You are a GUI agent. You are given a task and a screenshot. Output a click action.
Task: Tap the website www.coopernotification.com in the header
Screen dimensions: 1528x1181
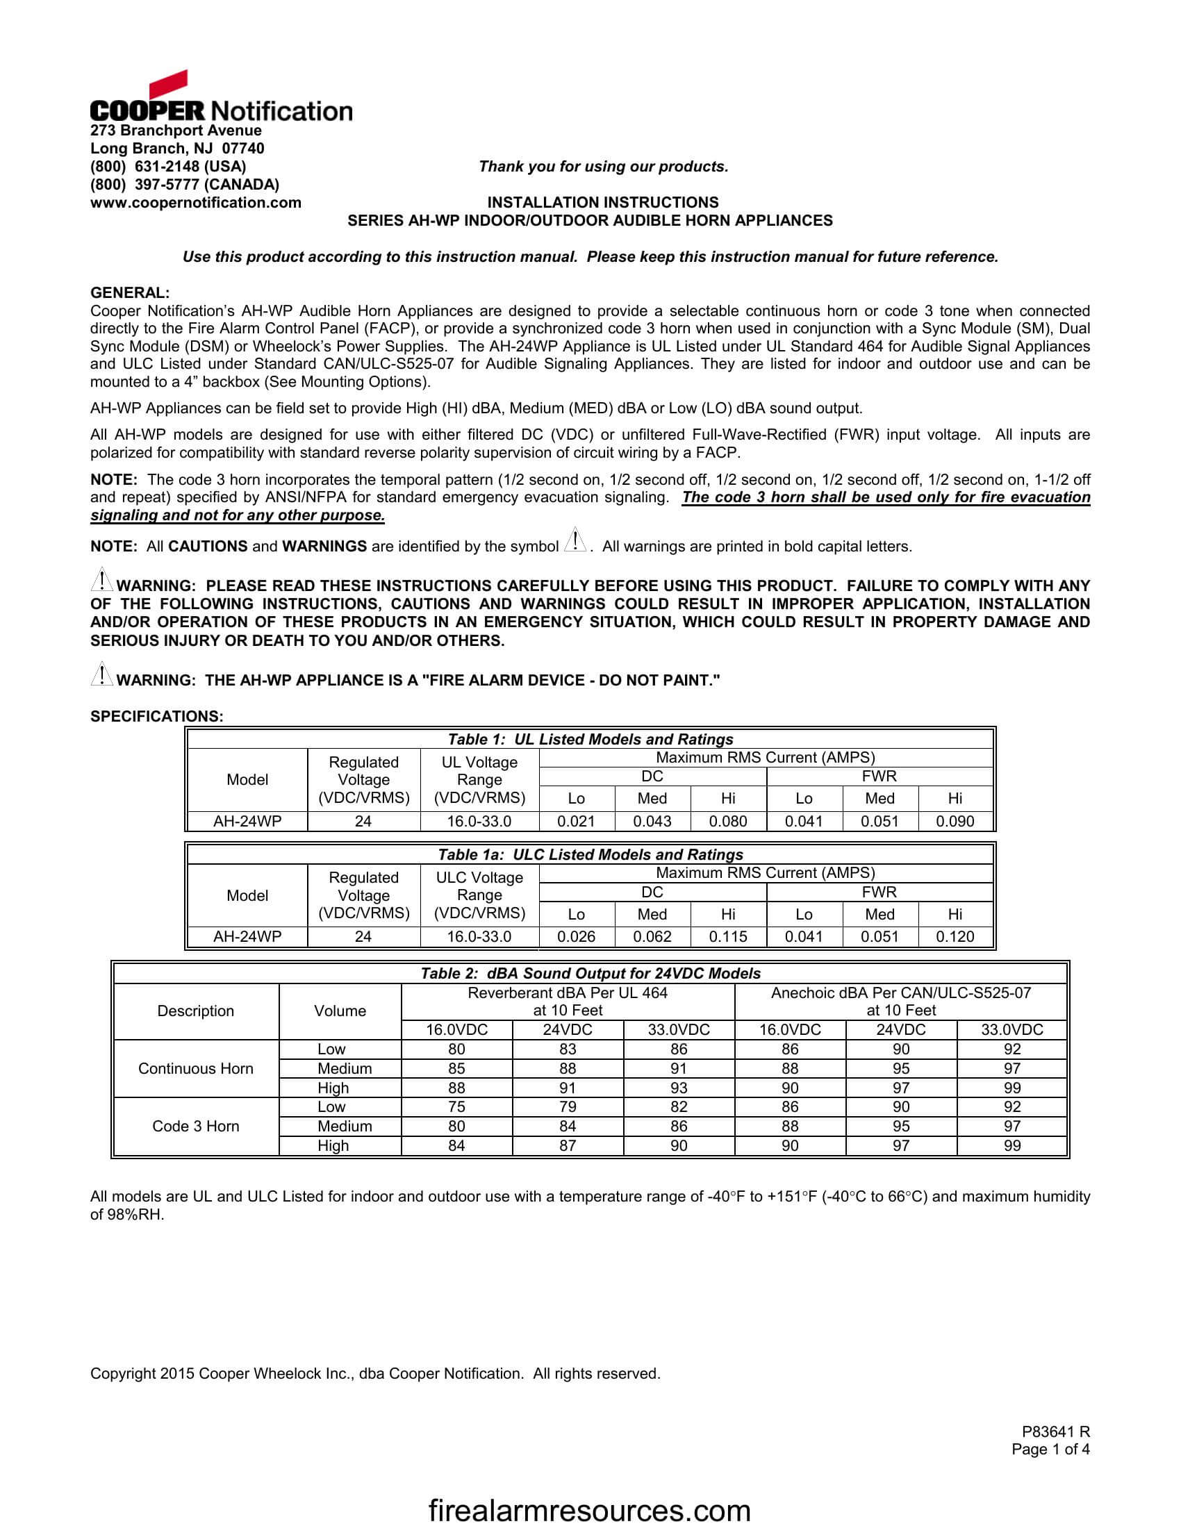[195, 203]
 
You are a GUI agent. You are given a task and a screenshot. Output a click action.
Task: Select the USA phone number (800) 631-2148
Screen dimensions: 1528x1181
[168, 167]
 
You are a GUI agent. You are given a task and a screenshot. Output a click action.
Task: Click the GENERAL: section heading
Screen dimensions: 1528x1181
[129, 293]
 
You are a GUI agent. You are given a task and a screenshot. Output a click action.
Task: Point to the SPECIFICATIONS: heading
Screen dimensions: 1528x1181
[157, 717]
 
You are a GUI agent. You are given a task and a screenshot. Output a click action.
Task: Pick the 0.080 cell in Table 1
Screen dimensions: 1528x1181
[727, 822]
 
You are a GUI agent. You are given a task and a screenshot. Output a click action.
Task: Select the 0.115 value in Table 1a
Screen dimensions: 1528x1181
[727, 937]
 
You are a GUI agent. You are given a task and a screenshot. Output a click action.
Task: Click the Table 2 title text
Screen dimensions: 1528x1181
[590, 973]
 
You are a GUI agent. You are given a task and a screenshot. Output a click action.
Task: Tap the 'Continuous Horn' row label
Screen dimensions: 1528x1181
[195, 1068]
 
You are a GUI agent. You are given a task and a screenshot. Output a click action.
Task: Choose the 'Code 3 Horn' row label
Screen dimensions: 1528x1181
[195, 1126]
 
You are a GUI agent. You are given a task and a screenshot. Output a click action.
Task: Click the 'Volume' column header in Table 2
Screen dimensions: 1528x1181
[339, 1011]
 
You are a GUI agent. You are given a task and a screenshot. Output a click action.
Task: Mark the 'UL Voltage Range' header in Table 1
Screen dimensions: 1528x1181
[479, 779]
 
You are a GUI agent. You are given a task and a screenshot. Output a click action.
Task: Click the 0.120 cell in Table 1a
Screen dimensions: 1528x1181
[955, 937]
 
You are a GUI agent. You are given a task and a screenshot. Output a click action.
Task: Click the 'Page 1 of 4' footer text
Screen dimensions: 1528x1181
[1050, 1449]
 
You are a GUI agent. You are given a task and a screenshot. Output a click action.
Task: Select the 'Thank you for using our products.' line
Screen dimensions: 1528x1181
[603, 167]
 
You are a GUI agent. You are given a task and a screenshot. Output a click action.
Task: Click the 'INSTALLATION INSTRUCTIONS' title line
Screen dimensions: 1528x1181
[602, 203]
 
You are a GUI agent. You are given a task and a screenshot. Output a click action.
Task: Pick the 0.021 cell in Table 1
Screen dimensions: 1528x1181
[576, 822]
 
